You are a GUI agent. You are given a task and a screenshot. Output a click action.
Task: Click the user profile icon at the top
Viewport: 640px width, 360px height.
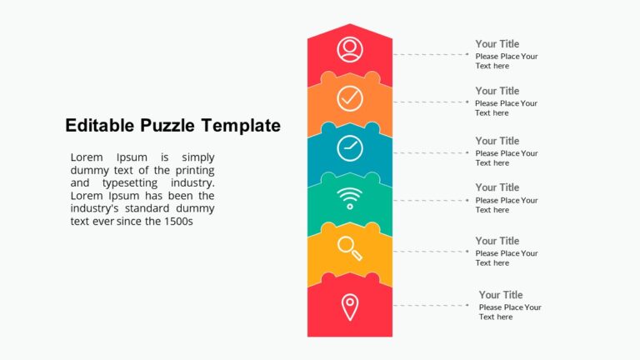coord(350,49)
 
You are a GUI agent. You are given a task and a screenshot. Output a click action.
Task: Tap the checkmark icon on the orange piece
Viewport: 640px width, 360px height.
coord(350,98)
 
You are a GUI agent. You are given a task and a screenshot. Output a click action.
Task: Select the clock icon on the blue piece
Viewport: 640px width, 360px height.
coord(350,148)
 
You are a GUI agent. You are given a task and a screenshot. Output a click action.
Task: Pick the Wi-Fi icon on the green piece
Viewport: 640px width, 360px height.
coord(350,198)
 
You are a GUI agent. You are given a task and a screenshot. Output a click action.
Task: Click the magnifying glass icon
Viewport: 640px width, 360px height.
coord(350,247)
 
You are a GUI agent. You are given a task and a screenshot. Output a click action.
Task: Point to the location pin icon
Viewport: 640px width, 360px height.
coord(350,306)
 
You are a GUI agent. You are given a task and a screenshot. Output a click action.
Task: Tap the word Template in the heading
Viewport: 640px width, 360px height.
coord(241,126)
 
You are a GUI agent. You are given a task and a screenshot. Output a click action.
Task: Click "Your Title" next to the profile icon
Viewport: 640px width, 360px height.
coord(497,44)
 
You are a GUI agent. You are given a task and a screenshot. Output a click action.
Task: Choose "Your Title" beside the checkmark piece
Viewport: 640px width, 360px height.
coord(497,91)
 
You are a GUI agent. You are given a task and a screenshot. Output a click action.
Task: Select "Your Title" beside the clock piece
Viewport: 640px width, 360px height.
coord(497,141)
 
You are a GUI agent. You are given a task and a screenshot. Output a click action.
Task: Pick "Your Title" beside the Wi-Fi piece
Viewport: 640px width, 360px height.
coord(497,187)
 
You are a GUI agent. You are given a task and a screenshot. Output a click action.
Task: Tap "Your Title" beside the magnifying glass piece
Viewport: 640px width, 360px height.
coord(497,241)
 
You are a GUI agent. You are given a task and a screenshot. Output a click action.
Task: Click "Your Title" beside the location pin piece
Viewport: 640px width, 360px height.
coord(501,295)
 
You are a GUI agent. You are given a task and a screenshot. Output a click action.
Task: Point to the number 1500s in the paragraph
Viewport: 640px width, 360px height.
coord(177,222)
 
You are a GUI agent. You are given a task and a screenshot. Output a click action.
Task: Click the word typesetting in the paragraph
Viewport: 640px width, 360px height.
coord(128,182)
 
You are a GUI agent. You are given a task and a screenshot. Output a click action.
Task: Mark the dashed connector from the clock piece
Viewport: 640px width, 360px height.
coord(429,153)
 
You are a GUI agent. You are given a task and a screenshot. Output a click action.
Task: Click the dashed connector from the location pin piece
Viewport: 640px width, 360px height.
coord(429,306)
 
